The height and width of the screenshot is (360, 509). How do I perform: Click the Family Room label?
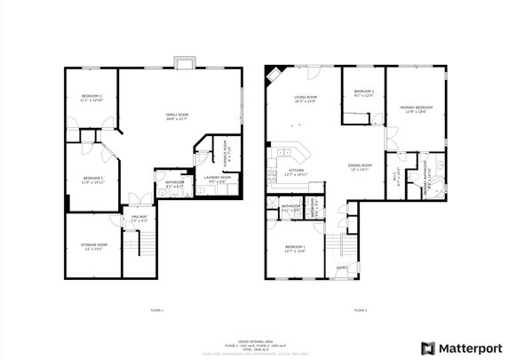point(176,116)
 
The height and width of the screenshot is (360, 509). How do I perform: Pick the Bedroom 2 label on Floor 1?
point(92,98)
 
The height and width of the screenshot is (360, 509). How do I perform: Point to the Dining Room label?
point(360,167)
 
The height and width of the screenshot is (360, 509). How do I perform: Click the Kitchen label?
point(295,173)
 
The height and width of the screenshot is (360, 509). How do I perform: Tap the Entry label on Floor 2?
point(341,268)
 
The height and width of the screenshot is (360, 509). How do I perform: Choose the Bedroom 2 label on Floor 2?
point(363,93)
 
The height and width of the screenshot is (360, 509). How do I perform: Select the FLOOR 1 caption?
point(157,310)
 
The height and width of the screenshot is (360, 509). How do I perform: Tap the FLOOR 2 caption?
point(360,310)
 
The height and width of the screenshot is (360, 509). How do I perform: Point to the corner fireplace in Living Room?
point(270,70)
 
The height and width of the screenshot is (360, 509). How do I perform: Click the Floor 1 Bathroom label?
point(173,185)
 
